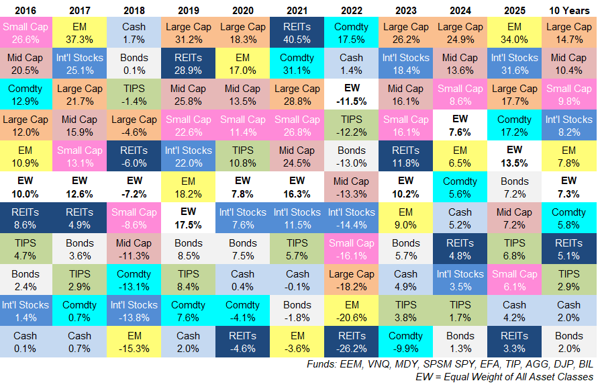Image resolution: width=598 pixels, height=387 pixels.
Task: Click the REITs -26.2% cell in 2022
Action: [352, 342]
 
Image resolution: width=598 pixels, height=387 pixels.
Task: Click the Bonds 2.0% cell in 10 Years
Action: [569, 342]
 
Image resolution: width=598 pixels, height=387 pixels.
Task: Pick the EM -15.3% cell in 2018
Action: [135, 342]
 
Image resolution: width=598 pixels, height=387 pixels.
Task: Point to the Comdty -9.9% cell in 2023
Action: [406, 342]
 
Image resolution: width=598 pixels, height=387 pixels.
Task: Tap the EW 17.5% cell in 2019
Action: [189, 218]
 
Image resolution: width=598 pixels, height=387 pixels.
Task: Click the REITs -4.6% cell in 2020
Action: [243, 342]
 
